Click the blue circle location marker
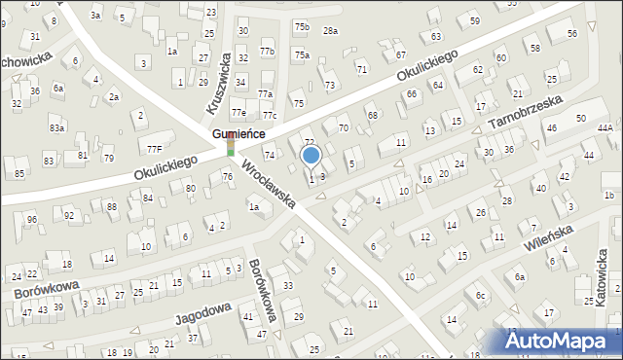click(x=311, y=155)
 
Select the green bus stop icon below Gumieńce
click(x=231, y=149)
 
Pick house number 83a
click(x=56, y=127)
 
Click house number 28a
click(x=331, y=31)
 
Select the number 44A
click(x=605, y=127)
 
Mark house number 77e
click(x=238, y=112)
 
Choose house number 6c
click(x=480, y=295)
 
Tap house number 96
click(x=31, y=219)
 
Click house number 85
click(x=19, y=174)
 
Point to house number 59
click(x=474, y=20)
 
